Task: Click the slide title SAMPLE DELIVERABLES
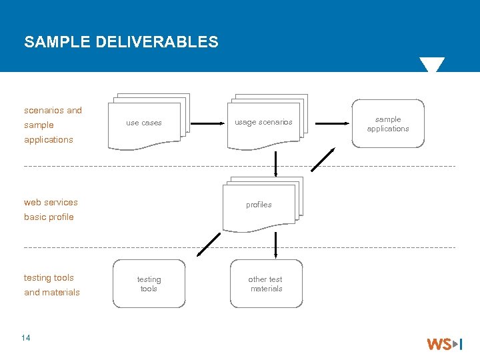click(121, 42)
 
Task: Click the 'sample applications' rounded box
click(388, 123)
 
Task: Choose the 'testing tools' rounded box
click(149, 284)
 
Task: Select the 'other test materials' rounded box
click(266, 284)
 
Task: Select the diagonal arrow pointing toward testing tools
click(209, 244)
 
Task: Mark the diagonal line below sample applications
click(323, 160)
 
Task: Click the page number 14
click(26, 338)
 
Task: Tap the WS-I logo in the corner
click(444, 344)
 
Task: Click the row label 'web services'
click(51, 203)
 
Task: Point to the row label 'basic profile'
click(49, 217)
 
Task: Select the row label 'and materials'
click(51, 293)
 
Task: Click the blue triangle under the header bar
click(431, 65)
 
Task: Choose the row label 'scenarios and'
click(53, 111)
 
